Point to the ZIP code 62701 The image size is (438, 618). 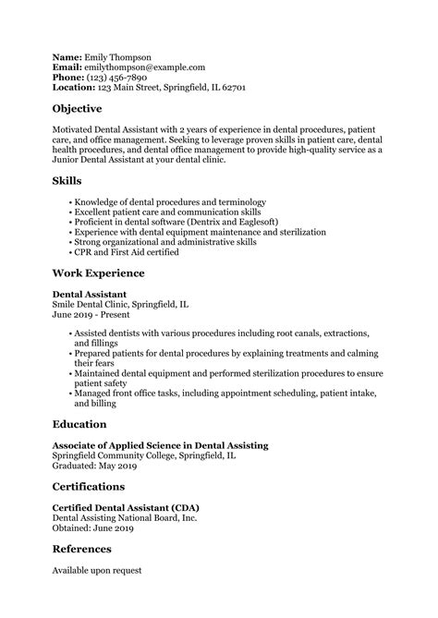232,90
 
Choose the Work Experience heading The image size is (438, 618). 98,273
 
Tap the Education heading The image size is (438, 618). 79,424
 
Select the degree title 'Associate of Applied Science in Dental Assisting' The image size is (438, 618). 160,445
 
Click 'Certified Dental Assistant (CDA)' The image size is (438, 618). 126,508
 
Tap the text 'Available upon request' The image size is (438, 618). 97,570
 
